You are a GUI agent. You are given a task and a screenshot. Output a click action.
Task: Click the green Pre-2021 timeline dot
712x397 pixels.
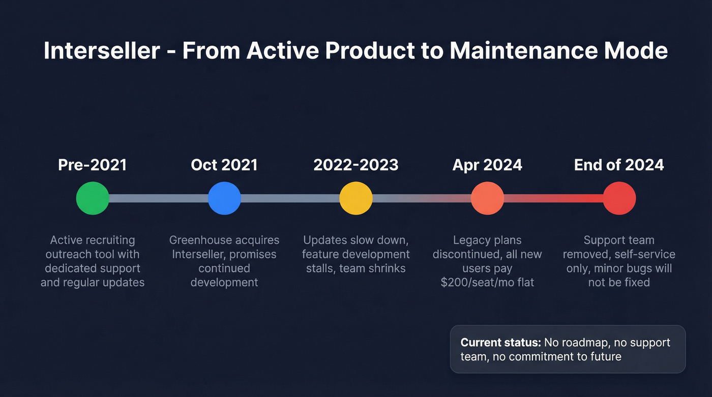93,198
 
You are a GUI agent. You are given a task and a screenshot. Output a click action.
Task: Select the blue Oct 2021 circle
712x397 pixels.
224,198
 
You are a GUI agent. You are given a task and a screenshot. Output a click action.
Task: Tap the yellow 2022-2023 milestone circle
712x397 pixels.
356,198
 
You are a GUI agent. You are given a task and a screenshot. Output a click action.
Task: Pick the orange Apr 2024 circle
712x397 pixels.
487,198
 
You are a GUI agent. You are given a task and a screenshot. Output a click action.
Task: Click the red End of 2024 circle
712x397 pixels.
619,198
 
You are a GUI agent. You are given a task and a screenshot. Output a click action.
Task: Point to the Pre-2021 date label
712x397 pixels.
93,165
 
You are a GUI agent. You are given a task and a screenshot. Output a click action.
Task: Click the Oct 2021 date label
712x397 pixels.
224,165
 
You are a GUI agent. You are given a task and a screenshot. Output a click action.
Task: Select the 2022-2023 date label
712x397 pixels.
356,165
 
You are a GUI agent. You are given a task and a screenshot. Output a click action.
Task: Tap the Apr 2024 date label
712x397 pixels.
487,165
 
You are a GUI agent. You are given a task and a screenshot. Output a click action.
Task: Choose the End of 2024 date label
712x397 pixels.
619,165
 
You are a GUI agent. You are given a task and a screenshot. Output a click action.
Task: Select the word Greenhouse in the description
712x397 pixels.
199,240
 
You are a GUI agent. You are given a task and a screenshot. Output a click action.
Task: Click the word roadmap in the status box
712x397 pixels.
585,343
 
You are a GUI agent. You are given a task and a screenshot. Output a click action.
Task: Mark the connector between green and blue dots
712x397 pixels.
158,198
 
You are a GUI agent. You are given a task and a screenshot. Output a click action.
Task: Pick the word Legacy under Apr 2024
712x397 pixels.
471,240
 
